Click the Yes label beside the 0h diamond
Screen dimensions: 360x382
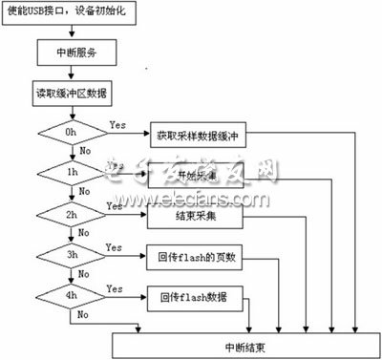tap(118, 125)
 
